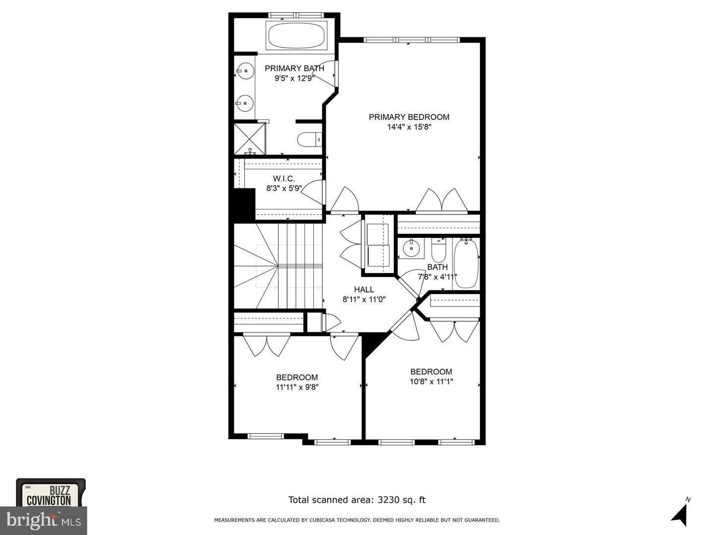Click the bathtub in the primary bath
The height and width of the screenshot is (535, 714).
297,36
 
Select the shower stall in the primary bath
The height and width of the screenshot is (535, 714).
250,139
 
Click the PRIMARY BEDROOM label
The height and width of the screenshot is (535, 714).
409,117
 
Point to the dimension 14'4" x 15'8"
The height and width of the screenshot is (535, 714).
409,127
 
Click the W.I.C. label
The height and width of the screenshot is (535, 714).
284,178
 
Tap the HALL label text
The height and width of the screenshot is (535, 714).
364,290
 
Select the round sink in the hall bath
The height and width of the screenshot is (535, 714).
411,248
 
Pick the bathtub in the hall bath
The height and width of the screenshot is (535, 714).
466,263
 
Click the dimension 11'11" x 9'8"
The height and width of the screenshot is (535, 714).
297,387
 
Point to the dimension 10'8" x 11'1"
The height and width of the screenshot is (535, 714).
431,381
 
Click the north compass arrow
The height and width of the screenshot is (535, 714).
680,514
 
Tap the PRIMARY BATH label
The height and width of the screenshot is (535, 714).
295,68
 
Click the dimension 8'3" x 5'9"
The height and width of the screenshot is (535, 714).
284,188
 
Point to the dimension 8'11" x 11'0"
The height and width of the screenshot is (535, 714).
364,299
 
